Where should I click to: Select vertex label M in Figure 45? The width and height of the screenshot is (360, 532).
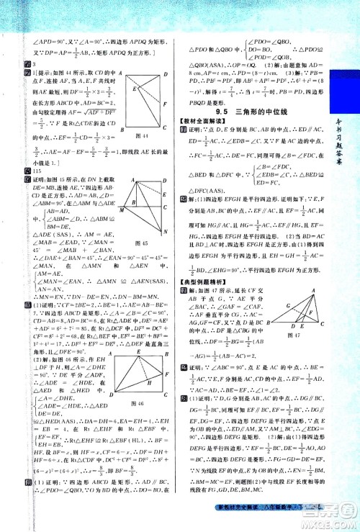[122, 210]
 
